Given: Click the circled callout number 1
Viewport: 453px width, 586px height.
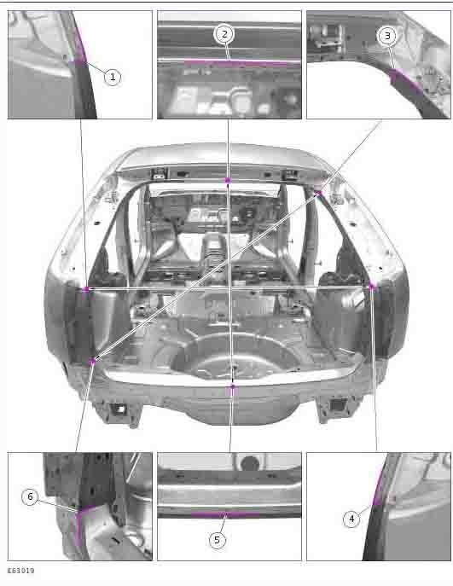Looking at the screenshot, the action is [113, 78].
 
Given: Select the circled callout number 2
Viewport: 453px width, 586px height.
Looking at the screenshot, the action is [224, 34].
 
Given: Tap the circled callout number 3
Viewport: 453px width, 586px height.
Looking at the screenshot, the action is [387, 36].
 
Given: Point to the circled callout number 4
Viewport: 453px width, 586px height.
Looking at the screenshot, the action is [351, 519].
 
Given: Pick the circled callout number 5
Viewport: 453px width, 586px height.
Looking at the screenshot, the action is [218, 540].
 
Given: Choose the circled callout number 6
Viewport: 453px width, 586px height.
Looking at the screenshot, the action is [30, 497].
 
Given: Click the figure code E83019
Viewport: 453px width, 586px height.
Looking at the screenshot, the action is [21, 571].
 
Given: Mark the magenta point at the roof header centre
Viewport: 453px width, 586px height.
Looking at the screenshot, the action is [228, 180].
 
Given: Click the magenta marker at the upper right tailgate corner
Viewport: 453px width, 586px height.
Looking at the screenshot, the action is [318, 193].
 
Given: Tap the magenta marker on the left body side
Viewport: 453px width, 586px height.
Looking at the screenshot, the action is [86, 289].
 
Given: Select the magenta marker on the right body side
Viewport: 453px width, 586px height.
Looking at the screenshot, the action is [371, 287].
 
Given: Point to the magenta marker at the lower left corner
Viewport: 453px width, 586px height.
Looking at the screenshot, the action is [92, 361].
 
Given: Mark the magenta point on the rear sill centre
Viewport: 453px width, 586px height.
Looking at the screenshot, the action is [232, 386].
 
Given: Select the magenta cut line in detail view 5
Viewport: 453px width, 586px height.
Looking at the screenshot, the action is [224, 514].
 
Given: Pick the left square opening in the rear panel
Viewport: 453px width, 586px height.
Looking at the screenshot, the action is [119, 409].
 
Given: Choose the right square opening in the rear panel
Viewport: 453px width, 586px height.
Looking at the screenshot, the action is [338, 405].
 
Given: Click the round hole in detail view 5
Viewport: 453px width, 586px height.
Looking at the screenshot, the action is [250, 462].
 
